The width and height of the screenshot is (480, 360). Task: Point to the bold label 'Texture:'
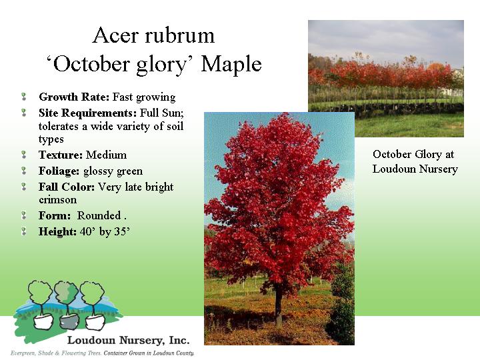[61, 155]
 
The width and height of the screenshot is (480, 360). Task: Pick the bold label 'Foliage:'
[60, 171]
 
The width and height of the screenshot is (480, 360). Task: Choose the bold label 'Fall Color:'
[67, 187]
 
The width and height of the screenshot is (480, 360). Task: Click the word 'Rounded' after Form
[98, 215]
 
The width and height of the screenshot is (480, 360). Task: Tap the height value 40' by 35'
[105, 231]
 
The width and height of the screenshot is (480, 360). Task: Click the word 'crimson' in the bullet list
[58, 199]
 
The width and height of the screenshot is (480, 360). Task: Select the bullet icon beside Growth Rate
[23, 97]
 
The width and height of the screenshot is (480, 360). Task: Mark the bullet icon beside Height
[23, 232]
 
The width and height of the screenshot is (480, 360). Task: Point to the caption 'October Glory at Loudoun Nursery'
[415, 161]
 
